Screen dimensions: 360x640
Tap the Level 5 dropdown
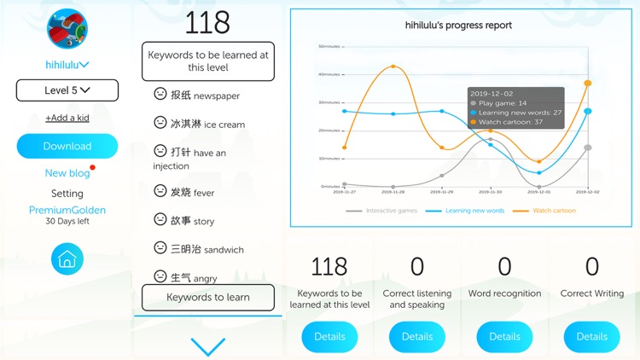[67, 90]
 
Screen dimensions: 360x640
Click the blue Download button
[67, 146]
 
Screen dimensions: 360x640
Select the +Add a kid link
[67, 118]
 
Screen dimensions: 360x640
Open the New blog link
[67, 173]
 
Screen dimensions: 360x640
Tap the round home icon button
[67, 259]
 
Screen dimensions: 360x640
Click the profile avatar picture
[67, 30]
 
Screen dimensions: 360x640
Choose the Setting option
[67, 194]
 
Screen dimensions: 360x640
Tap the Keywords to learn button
[208, 298]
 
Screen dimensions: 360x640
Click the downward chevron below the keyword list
[208, 346]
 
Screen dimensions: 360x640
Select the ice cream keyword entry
[207, 124]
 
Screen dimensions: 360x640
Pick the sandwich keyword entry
[207, 249]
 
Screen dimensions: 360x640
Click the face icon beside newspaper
[160, 95]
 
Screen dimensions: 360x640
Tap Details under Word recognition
[504, 336]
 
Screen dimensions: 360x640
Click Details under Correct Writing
[591, 336]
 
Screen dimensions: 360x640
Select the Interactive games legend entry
[385, 211]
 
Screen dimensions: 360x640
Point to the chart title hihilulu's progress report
[458, 26]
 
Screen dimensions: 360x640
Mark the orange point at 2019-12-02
[588, 83]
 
